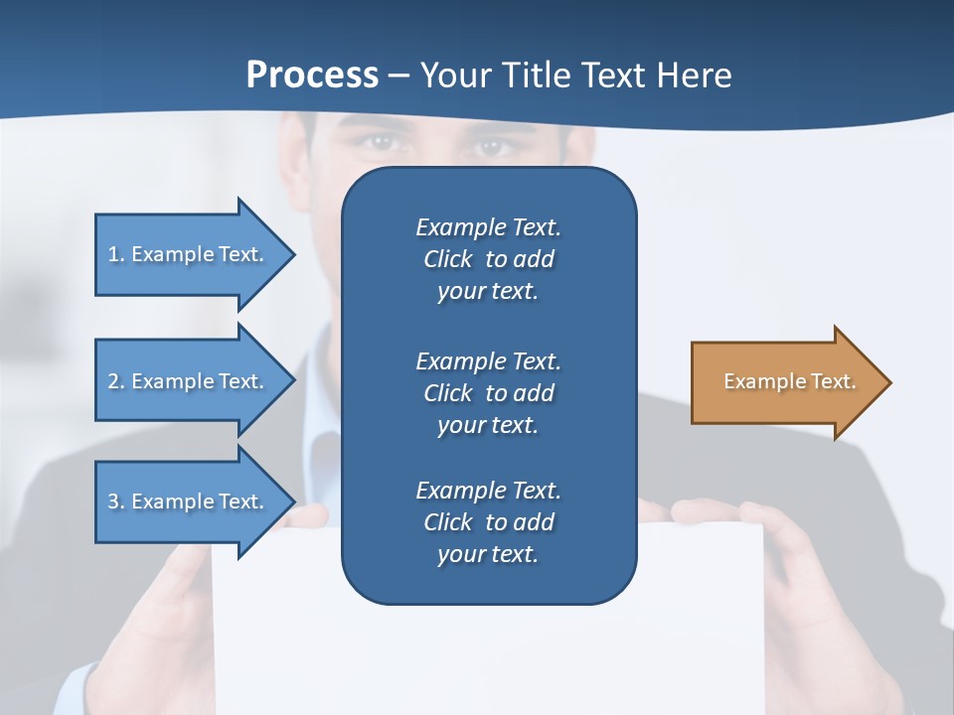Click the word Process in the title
(x=312, y=74)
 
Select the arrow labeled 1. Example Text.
(x=189, y=254)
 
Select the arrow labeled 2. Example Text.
(x=189, y=381)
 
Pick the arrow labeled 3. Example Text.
(x=189, y=501)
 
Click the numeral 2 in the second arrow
(x=113, y=381)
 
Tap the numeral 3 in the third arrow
(x=113, y=501)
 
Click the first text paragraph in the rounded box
(x=488, y=259)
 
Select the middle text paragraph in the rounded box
(x=488, y=392)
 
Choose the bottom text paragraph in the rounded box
(x=488, y=522)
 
